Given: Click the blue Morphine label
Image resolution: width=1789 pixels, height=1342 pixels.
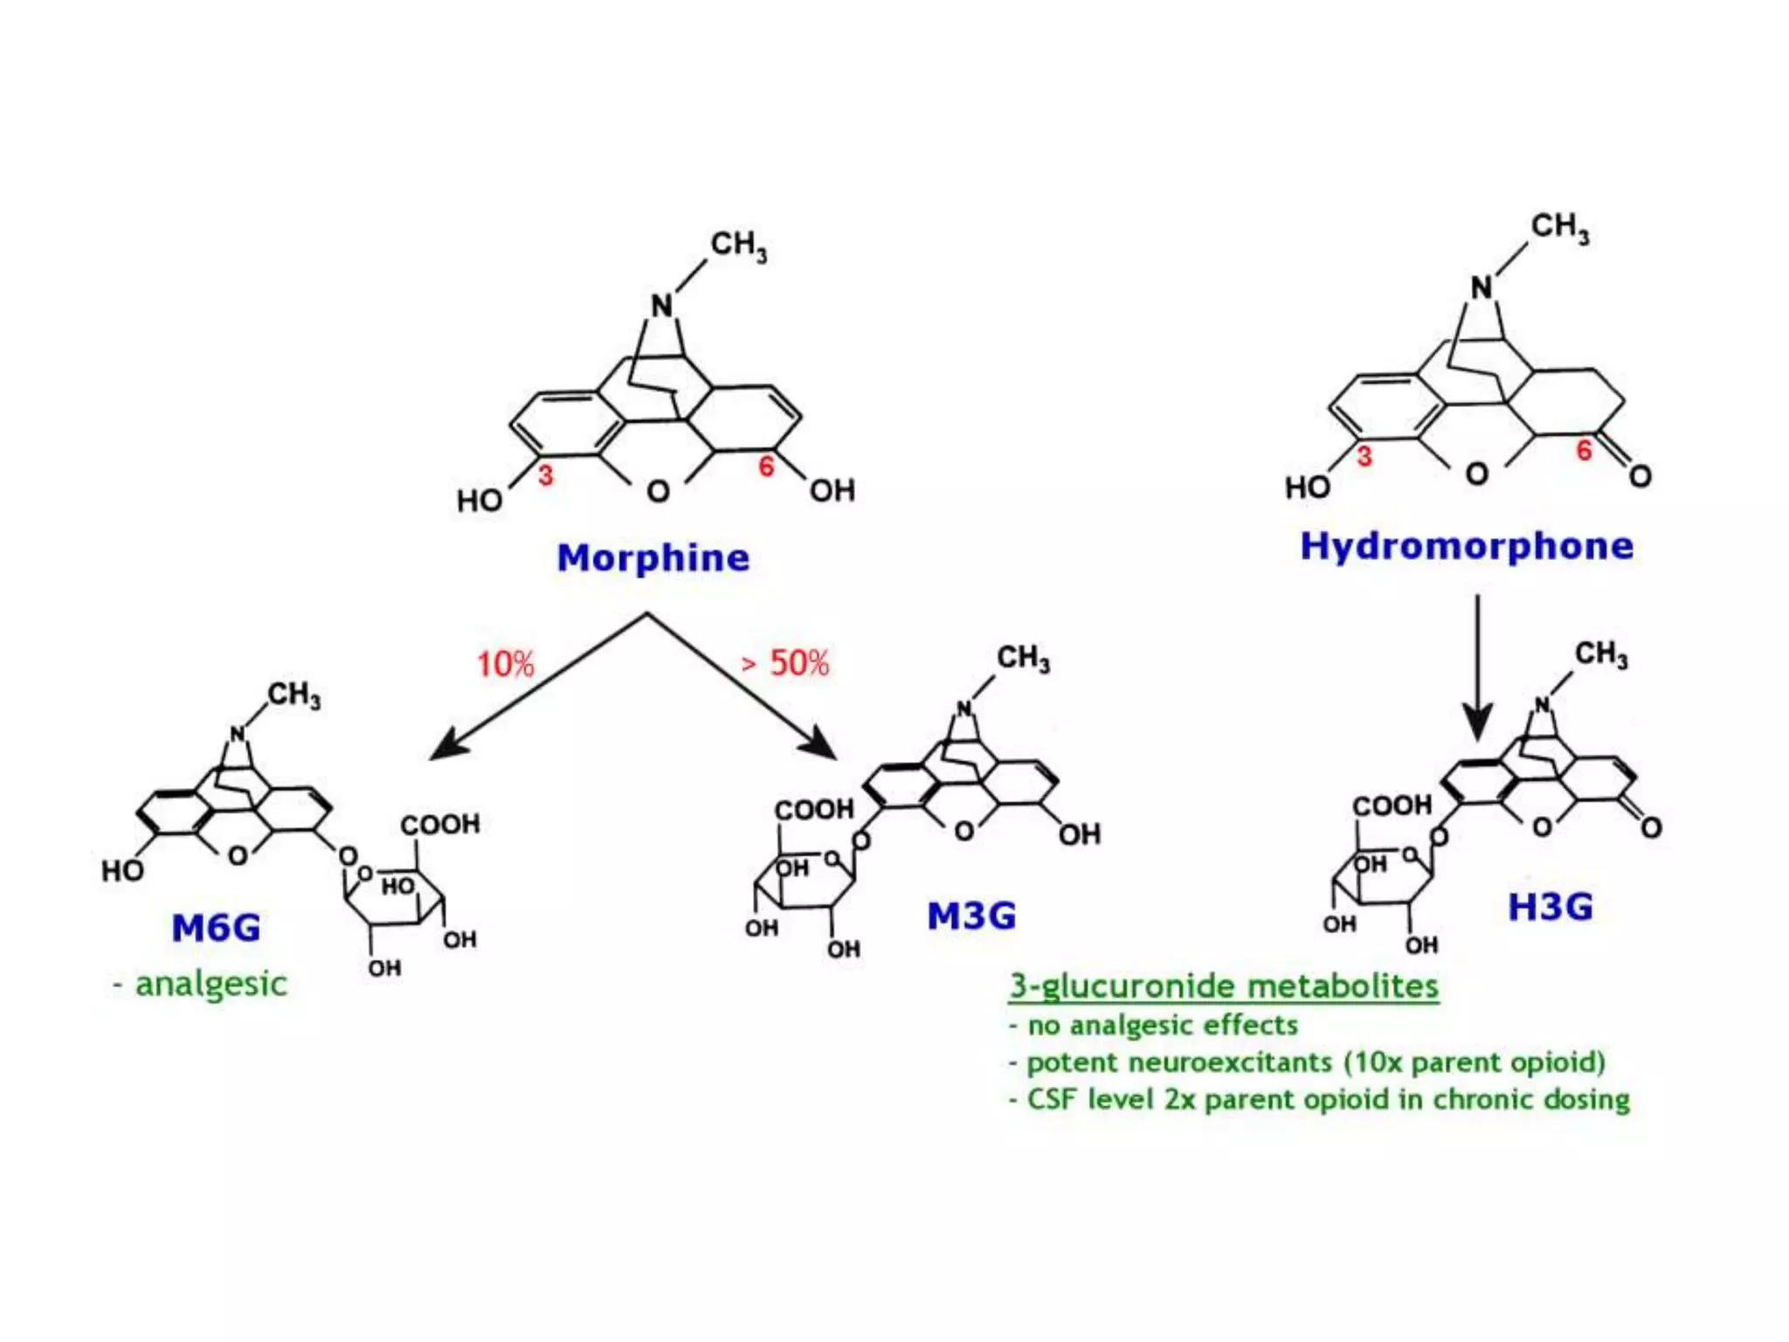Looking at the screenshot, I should click(653, 557).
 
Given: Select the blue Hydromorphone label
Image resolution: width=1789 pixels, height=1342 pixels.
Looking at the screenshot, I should click(1467, 546).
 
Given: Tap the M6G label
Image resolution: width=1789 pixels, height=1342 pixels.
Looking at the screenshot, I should click(216, 928).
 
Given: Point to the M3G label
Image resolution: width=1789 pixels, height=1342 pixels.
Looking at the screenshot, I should click(971, 916).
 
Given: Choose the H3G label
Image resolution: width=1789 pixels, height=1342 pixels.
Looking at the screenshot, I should click(1551, 907).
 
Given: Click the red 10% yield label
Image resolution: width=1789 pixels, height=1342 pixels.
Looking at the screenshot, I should click(505, 664).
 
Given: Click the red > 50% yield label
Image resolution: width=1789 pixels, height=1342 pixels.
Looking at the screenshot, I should click(785, 663).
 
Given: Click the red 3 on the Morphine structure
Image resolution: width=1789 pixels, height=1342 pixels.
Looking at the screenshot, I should click(545, 475).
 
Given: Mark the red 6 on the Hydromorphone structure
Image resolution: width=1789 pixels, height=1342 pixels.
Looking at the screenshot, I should click(1583, 451).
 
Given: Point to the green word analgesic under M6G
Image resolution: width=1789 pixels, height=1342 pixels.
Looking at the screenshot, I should click(211, 985).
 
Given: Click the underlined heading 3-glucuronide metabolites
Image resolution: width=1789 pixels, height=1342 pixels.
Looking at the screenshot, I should click(1223, 986).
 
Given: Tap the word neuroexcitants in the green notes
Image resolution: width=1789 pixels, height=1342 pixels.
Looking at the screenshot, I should click(1229, 1062).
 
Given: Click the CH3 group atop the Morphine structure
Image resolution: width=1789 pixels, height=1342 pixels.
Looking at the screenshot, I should click(738, 246).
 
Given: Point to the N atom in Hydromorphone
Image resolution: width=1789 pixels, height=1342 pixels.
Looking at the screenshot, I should click(1482, 287).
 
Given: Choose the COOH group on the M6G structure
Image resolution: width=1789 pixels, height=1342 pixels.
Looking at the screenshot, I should click(440, 824).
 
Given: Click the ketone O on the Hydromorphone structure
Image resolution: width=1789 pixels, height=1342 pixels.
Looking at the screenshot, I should click(1640, 476).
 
